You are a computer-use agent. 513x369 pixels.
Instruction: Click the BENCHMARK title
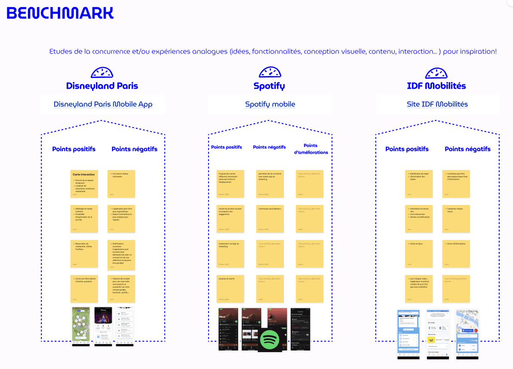[x=60, y=13]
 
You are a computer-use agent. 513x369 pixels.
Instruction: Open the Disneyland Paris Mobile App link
[x=103, y=104]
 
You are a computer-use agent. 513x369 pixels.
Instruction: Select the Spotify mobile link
[x=270, y=104]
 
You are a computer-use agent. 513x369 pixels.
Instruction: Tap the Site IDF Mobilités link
[x=437, y=104]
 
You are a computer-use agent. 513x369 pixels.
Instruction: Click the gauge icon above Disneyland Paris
[x=102, y=72]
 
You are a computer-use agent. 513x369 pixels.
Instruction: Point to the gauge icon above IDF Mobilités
[x=436, y=72]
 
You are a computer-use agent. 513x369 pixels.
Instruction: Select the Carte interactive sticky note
[x=84, y=183]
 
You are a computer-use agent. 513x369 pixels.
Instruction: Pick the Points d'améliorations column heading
[x=311, y=149]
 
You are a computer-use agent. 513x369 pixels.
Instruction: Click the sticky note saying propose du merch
[x=230, y=288]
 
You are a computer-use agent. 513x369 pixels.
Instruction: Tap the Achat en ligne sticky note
[x=419, y=254]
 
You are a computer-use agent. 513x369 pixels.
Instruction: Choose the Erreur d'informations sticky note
[x=456, y=254]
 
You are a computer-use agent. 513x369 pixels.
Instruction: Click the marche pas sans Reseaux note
[x=270, y=219]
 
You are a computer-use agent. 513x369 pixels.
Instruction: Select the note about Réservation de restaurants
[x=84, y=254]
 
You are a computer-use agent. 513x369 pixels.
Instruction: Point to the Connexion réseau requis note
[x=456, y=219]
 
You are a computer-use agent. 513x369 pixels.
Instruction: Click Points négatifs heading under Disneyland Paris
[x=134, y=149]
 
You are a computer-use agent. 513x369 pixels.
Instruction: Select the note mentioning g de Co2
[x=419, y=288]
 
